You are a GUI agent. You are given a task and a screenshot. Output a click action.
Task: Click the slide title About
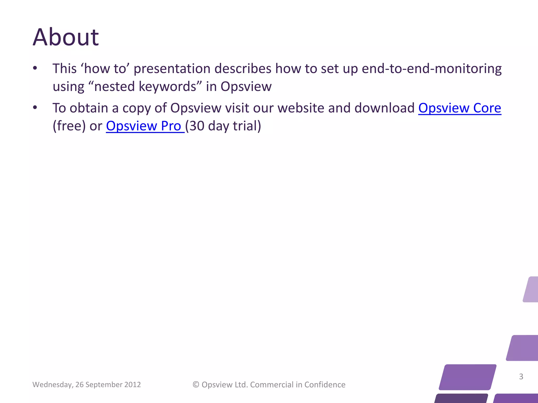tap(66, 37)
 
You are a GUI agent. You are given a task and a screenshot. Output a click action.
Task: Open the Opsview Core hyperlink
tap(459, 108)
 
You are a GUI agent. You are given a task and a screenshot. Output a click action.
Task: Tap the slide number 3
tap(521, 377)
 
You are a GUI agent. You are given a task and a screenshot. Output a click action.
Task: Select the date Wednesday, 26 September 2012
tap(86, 385)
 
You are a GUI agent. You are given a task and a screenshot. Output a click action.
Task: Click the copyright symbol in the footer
tap(196, 385)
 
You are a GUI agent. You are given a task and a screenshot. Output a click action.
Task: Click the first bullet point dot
tap(35, 68)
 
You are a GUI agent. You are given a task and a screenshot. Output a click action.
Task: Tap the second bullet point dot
tap(35, 108)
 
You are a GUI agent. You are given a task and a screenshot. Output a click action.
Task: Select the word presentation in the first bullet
tap(172, 69)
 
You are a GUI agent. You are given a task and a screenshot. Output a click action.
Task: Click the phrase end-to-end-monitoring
tap(431, 69)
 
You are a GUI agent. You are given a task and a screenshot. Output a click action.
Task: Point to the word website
tap(301, 108)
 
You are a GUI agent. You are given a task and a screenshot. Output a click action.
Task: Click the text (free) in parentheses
tap(69, 126)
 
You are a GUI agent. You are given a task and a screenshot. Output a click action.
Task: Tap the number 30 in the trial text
tap(197, 126)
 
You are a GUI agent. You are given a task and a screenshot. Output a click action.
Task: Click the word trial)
tap(247, 126)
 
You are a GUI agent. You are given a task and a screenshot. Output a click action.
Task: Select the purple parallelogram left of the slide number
tap(468, 377)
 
